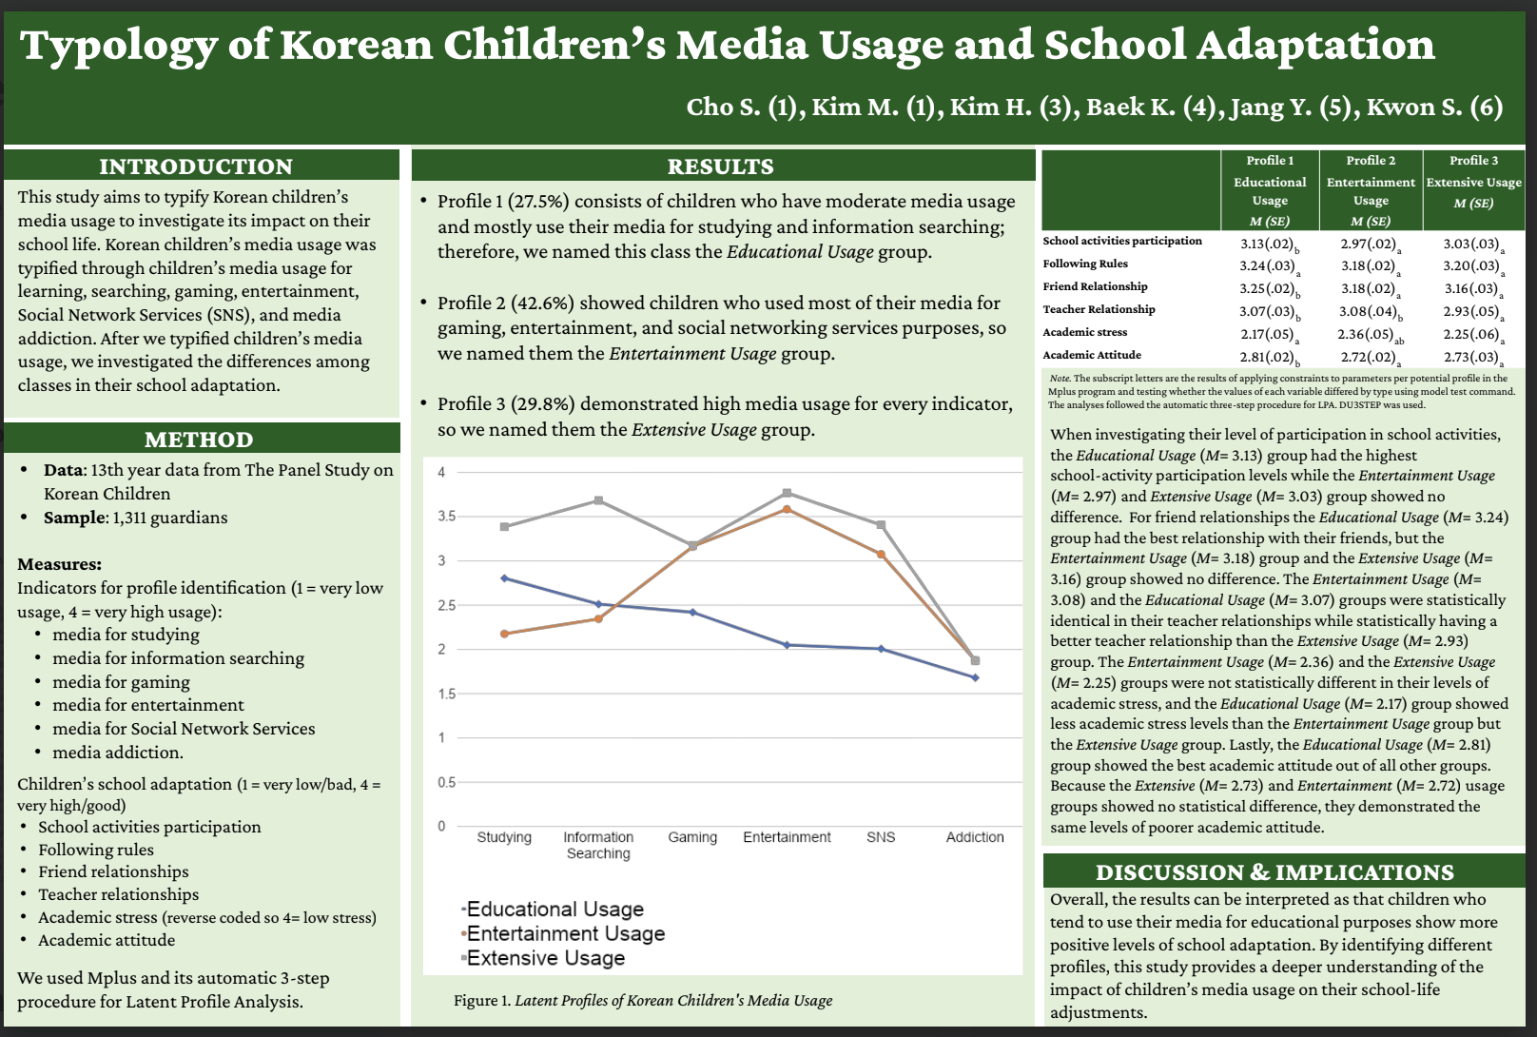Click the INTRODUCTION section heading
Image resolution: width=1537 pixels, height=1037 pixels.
tap(196, 166)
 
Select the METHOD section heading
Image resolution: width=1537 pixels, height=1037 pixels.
tap(199, 440)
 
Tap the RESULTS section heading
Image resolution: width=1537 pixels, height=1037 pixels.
tap(720, 166)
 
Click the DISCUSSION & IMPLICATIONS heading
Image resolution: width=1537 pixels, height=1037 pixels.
tap(1274, 872)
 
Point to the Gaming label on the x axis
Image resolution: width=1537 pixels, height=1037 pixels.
tap(692, 837)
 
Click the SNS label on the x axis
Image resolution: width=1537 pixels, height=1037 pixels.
tap(881, 837)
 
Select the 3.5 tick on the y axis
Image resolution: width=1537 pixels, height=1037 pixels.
tap(446, 517)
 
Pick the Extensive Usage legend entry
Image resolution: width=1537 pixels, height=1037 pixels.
tap(545, 958)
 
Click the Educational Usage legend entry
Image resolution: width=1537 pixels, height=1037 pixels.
tap(554, 910)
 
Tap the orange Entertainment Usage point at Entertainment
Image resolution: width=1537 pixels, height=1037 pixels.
tap(787, 510)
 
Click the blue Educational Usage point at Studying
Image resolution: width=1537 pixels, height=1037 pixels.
tap(504, 578)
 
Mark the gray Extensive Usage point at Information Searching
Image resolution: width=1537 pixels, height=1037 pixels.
tap(598, 500)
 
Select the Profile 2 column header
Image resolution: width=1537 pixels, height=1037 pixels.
tap(1371, 161)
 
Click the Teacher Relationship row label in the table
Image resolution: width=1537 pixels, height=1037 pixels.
tap(1099, 309)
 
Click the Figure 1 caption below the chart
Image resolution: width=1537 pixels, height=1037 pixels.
tap(643, 1001)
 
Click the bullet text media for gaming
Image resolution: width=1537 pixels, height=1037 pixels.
tap(121, 682)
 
